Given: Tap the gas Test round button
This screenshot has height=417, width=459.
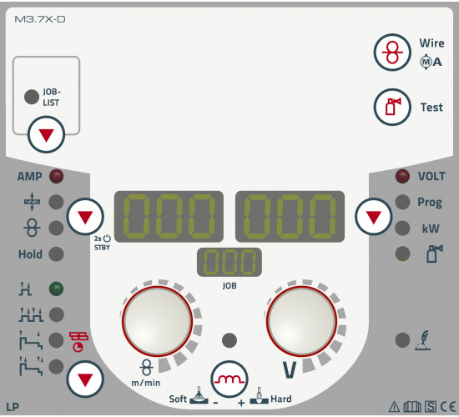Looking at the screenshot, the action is click(x=392, y=107).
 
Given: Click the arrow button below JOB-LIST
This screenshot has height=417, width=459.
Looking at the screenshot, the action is click(x=46, y=134).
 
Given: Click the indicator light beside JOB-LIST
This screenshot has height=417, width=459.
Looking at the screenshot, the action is click(x=32, y=97).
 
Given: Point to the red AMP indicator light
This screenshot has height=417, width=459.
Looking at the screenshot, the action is click(x=56, y=177).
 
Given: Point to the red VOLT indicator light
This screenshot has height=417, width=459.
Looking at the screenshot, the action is click(x=402, y=176).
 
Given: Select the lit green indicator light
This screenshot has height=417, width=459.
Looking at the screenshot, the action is click(x=56, y=289).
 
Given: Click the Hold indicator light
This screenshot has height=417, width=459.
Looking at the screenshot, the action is click(x=56, y=254).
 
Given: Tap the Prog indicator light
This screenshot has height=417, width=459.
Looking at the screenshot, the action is click(x=402, y=202).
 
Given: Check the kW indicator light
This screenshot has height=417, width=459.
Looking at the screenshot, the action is click(x=402, y=228).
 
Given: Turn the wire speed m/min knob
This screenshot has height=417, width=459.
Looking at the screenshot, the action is click(x=157, y=321).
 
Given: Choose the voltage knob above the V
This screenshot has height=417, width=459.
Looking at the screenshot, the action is click(x=301, y=321).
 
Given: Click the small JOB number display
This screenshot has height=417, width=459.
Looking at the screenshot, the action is click(x=229, y=262).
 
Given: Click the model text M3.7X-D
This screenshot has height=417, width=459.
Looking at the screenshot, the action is click(x=40, y=19).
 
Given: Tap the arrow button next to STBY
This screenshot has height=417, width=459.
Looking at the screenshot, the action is click(x=85, y=217).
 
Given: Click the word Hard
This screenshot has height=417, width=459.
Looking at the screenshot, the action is click(x=281, y=399).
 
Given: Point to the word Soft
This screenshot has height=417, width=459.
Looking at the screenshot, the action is click(x=178, y=399).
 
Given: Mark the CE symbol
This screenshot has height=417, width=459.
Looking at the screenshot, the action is click(x=448, y=407).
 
